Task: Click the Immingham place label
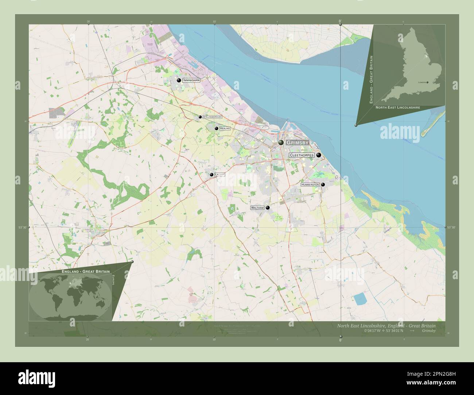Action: point(192,80)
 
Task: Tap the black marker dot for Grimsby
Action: point(281,142)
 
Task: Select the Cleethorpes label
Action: point(302,155)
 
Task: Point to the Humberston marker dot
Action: point(323,184)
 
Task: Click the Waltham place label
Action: point(257,208)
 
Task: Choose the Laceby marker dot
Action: point(211,175)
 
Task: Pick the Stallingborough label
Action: point(212,117)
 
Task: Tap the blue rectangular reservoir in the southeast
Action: point(360,299)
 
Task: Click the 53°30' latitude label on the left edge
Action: point(23,227)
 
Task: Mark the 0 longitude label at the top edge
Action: point(340,21)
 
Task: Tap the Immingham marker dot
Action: point(179,80)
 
